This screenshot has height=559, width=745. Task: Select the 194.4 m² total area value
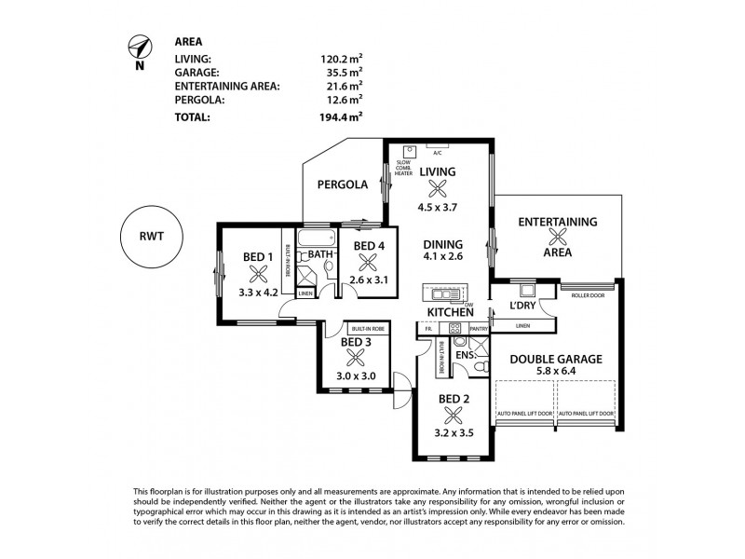click(341, 117)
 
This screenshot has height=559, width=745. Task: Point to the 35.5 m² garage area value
click(341, 71)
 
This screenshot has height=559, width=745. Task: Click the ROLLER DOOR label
click(589, 295)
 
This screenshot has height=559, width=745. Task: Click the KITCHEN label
click(451, 311)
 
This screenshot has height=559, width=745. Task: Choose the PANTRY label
click(479, 329)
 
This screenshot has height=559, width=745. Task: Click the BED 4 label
click(369, 246)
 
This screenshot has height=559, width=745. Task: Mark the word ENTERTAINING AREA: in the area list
click(228, 86)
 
